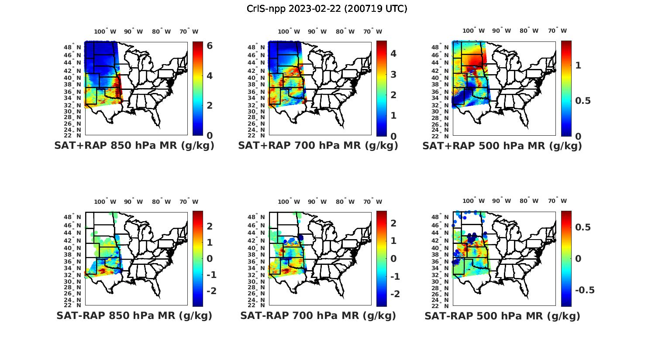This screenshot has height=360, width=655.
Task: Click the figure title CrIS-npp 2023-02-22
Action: [x=327, y=9]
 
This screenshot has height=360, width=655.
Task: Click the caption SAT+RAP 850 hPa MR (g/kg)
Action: [x=134, y=146]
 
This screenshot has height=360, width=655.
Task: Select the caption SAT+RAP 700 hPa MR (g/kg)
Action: [x=318, y=146]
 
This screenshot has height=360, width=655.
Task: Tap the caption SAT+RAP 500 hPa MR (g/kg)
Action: [x=502, y=146]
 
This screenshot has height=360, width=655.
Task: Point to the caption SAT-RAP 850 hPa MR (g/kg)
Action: [x=134, y=315]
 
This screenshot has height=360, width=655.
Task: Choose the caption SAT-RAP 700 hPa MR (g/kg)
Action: [x=318, y=315]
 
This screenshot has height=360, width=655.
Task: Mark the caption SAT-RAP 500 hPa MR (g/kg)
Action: [x=502, y=315]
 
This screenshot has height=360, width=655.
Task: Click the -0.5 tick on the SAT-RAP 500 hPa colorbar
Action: [x=584, y=291]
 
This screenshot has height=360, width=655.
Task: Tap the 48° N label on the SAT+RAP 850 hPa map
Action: [x=73, y=47]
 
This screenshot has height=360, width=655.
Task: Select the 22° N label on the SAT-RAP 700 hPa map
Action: [x=257, y=305]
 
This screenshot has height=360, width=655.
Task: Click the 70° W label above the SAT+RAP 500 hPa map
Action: [x=557, y=31]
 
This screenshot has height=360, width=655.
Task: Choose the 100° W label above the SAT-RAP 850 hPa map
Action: [x=105, y=202]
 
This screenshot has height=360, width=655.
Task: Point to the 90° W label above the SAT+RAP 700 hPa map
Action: [x=317, y=31]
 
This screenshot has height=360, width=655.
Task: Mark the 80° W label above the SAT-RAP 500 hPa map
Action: [x=529, y=201]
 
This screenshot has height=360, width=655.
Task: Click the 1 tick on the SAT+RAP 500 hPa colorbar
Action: [x=579, y=65]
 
